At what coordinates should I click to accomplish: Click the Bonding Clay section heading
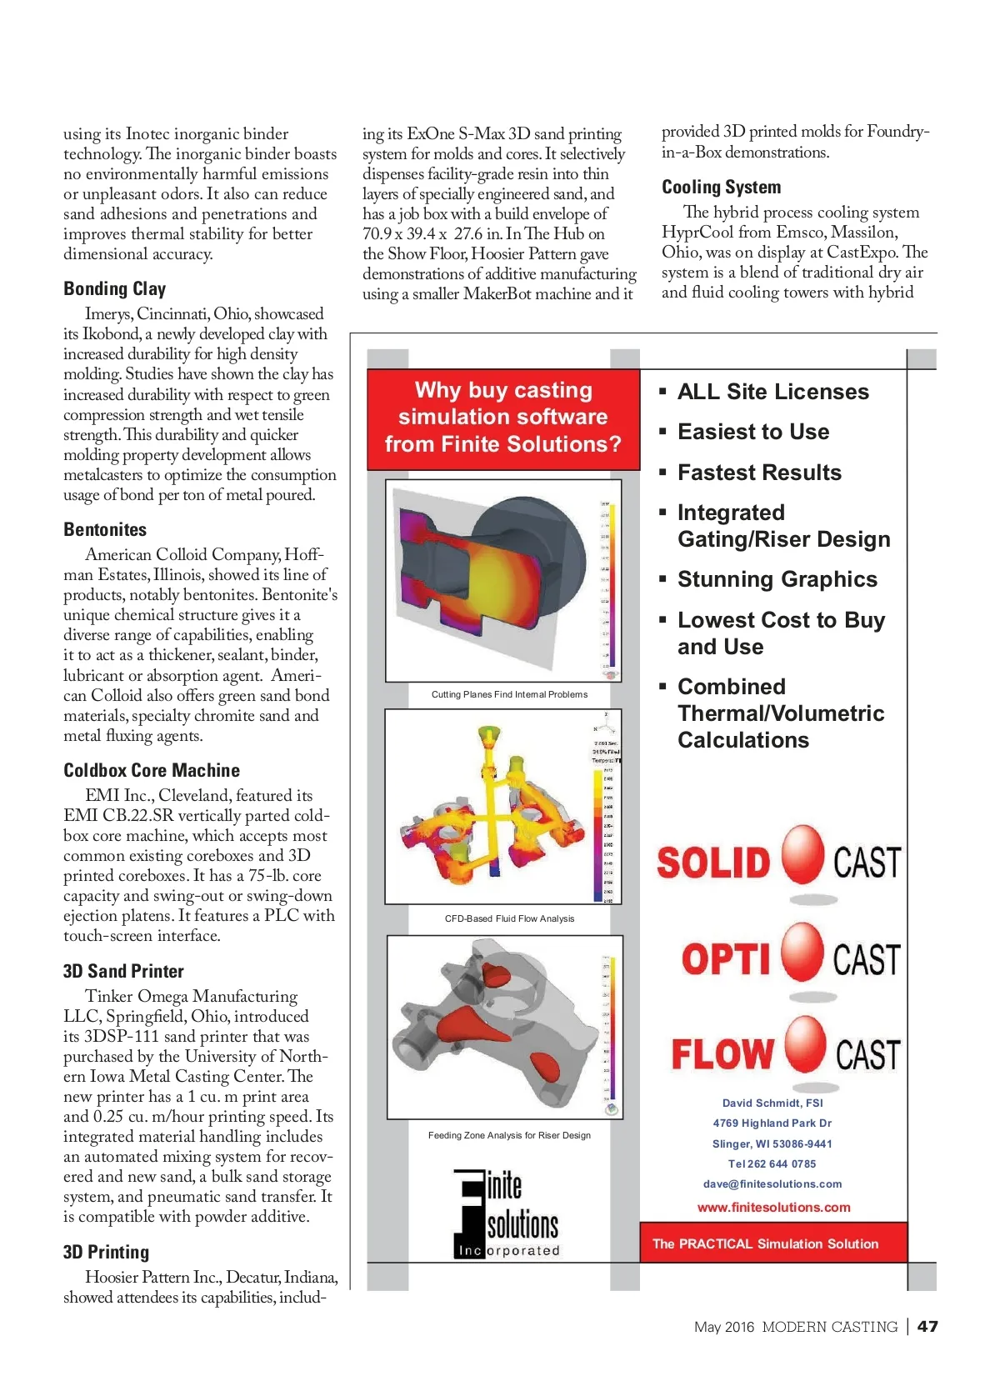pyautogui.click(x=115, y=289)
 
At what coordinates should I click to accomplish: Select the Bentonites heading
pyautogui.click(x=105, y=530)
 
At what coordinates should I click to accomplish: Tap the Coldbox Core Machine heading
pyautogui.click(x=152, y=771)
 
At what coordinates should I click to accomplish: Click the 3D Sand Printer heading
pyautogui.click(x=123, y=972)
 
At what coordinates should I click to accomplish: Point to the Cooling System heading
pyautogui.click(x=722, y=188)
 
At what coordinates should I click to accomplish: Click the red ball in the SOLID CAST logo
pyautogui.click(x=802, y=855)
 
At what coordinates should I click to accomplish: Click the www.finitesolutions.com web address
pyautogui.click(x=773, y=1208)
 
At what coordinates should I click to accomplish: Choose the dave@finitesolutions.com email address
pyautogui.click(x=772, y=1184)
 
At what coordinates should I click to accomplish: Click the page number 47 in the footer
pyautogui.click(x=927, y=1327)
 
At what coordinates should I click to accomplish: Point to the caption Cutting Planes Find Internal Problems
pyautogui.click(x=509, y=694)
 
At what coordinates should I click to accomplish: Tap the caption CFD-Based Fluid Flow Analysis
pyautogui.click(x=509, y=919)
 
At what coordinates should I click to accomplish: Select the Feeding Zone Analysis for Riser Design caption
pyautogui.click(x=509, y=1136)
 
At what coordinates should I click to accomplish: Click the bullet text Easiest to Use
pyautogui.click(x=753, y=432)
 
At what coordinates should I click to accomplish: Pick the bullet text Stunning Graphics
pyautogui.click(x=777, y=579)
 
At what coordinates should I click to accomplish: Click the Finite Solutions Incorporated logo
pyautogui.click(x=507, y=1213)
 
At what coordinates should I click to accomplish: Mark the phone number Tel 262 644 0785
pyautogui.click(x=772, y=1164)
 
